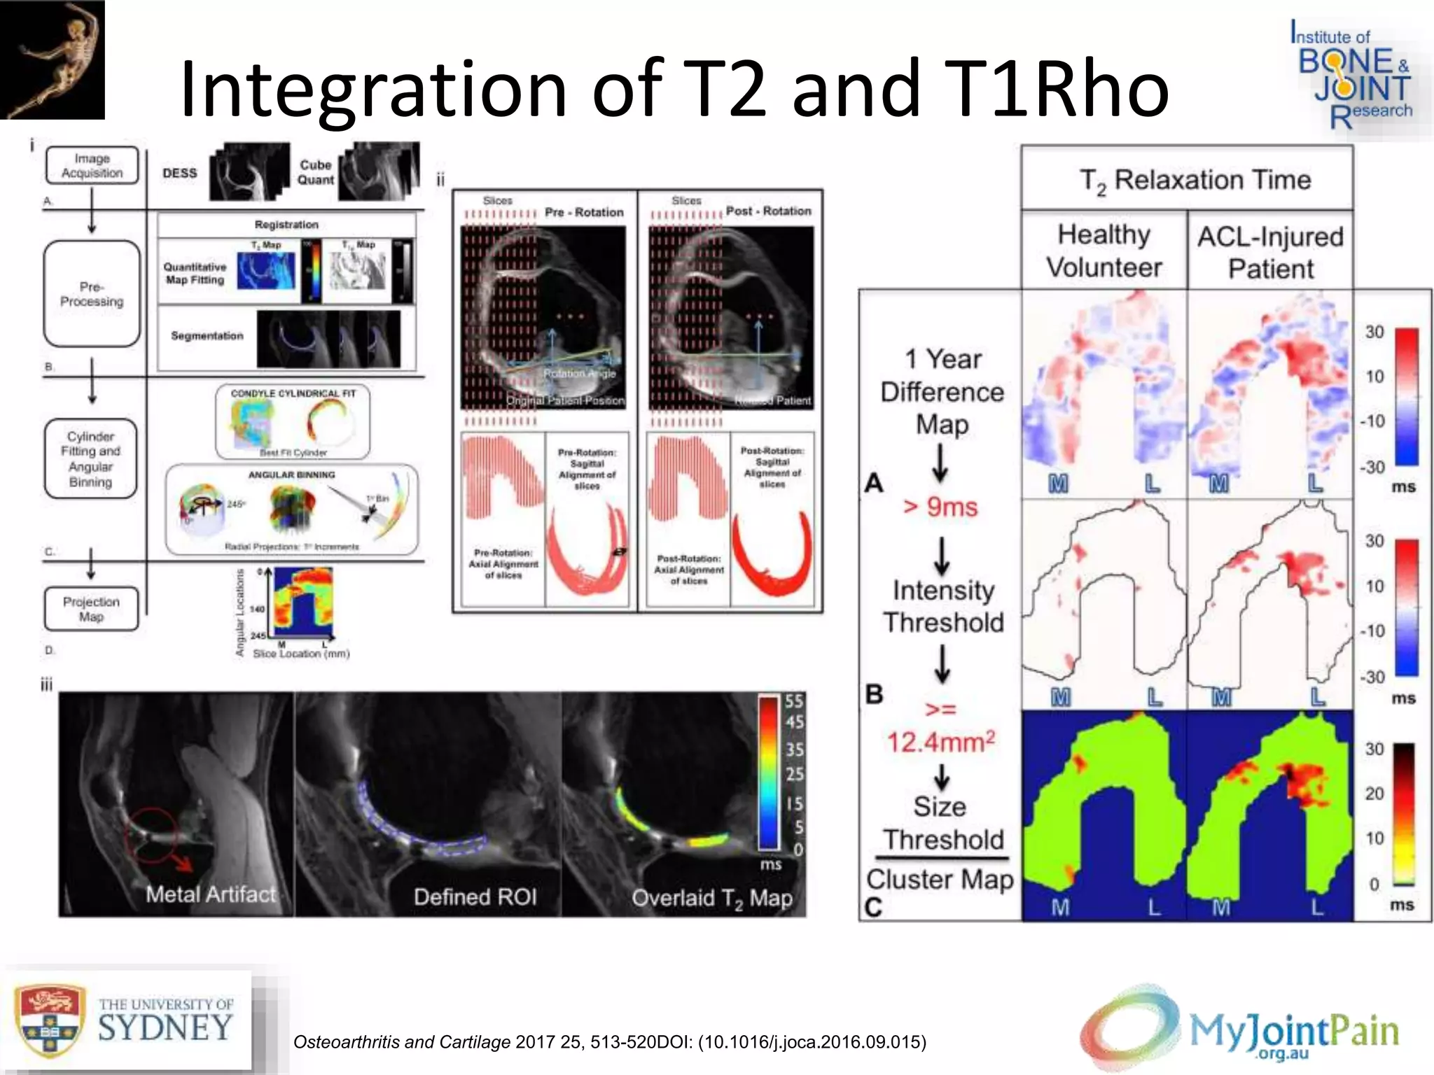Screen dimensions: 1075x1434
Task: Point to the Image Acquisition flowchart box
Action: pos(92,166)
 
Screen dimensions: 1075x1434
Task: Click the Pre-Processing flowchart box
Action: pos(92,294)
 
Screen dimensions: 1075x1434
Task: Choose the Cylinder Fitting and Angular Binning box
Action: pos(90,459)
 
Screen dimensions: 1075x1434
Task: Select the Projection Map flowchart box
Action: pos(91,609)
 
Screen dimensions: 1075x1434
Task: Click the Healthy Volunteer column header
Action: pos(1104,251)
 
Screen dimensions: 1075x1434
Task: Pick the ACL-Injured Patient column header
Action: pos(1270,252)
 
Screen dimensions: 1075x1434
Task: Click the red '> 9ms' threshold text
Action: pos(940,506)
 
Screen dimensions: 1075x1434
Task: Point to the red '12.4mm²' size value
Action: pos(940,741)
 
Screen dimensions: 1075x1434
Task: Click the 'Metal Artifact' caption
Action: pos(211,894)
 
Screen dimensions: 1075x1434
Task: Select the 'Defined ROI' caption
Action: pos(475,897)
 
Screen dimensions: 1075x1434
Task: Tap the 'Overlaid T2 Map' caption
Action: pos(711,898)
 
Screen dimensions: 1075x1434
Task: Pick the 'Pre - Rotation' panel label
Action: pos(584,212)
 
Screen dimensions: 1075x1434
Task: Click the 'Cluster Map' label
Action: pos(940,879)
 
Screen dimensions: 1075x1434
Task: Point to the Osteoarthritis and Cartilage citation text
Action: pos(609,1042)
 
